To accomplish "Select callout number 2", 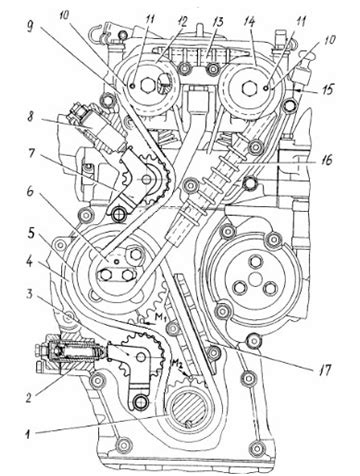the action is pos(30,397).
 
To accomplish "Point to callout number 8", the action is pos(32,118).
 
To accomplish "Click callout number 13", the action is pos(218,24).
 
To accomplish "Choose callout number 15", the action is pos(328,90).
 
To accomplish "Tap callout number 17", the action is pos(324,369).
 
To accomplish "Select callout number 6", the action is pos(31,192).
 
